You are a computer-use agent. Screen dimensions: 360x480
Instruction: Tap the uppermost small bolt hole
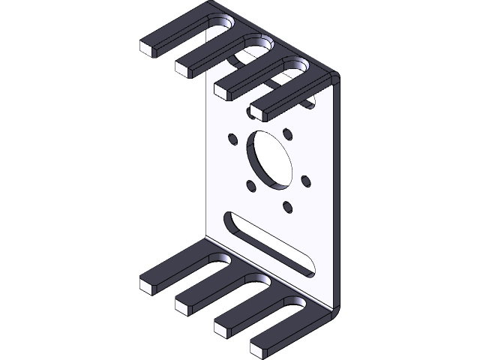287,136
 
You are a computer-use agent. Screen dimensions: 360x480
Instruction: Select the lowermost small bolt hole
286,205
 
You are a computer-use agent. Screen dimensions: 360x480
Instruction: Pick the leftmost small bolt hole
232,138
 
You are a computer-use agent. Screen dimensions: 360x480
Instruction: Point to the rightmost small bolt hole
305,181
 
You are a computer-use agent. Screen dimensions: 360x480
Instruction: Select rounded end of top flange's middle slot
259,43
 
